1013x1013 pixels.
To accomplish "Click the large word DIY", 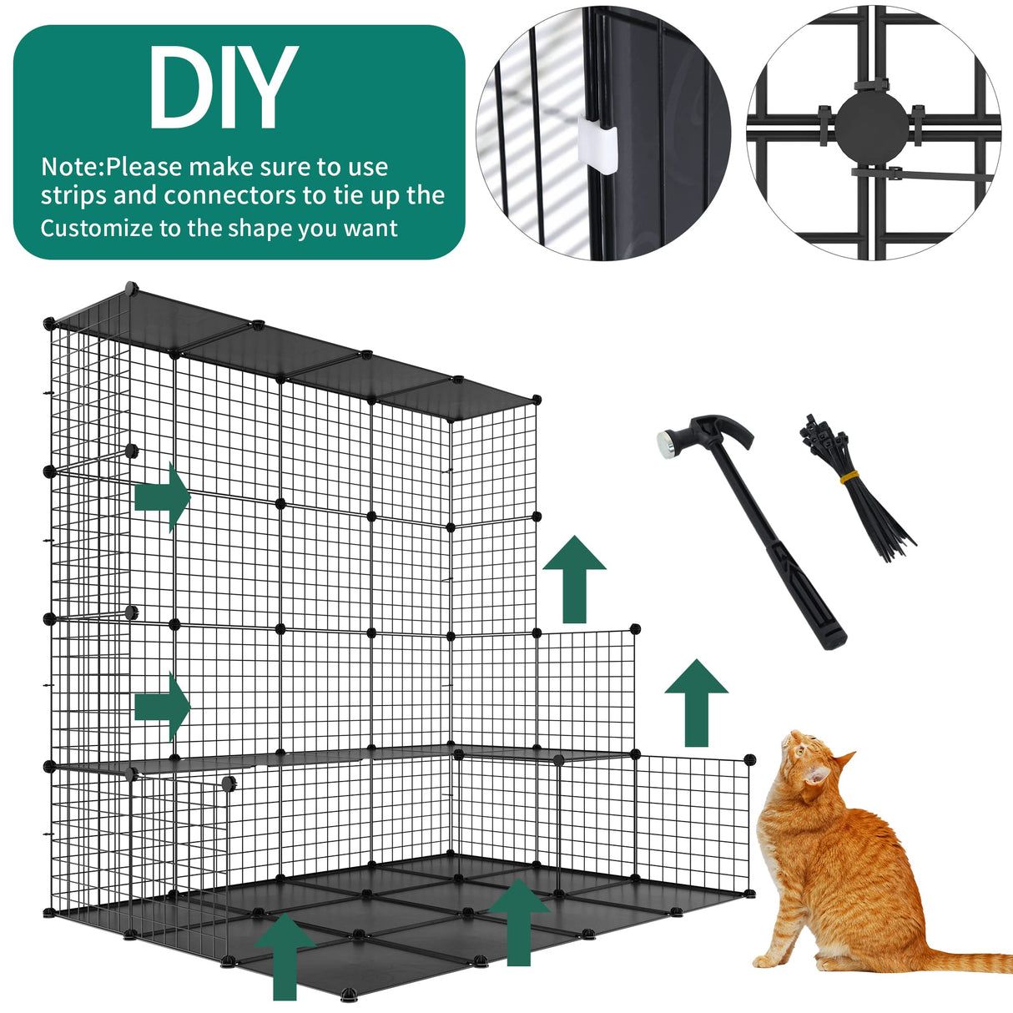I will coord(222,88).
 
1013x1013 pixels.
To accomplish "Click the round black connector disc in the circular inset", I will coord(872,130).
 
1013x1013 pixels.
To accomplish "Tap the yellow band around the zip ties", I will coord(850,476).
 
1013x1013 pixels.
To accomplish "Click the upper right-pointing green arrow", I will coord(163,498).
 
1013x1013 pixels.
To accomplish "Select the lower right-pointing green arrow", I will coord(163,707).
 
